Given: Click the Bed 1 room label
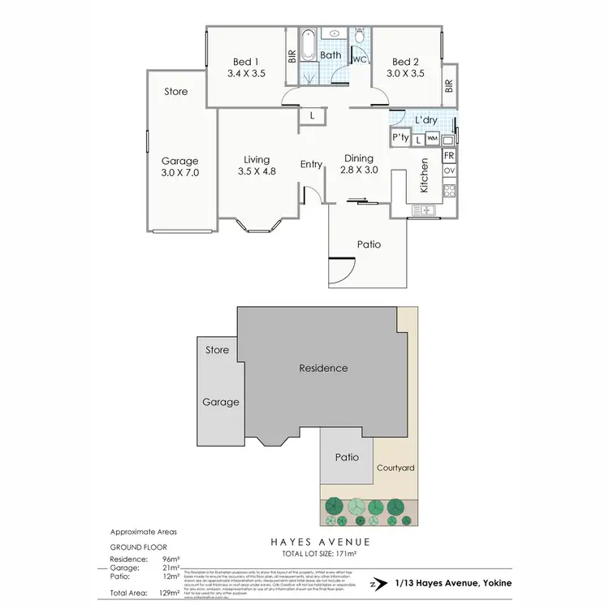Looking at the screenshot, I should click(x=245, y=62).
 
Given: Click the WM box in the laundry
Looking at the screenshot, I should click(x=432, y=140).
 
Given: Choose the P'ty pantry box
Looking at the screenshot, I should click(x=400, y=139).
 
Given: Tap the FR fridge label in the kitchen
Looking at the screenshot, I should click(x=449, y=155).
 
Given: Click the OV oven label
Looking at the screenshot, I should click(x=449, y=171).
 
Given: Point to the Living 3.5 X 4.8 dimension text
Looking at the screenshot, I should click(x=257, y=172).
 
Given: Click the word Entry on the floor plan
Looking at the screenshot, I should click(x=312, y=165).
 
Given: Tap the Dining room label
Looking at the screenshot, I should click(x=359, y=158).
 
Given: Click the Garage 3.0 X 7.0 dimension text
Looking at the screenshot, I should click(x=179, y=173).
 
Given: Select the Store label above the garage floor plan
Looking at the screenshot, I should click(x=176, y=92).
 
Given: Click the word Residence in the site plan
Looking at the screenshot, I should click(x=322, y=368).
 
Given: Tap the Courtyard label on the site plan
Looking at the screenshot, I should click(x=395, y=468).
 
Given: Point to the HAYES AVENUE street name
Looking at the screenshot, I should click(x=322, y=542).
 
